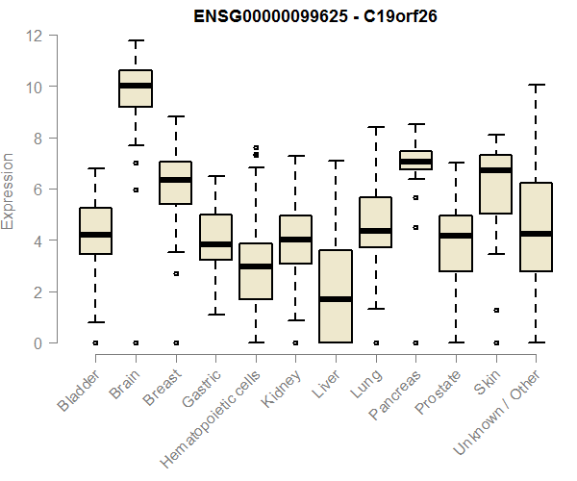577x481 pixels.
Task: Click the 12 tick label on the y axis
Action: (35, 36)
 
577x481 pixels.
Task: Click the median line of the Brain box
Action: (136, 86)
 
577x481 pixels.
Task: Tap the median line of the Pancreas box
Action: (415, 162)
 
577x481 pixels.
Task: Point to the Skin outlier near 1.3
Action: (496, 310)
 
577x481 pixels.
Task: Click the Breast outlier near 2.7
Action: (176, 274)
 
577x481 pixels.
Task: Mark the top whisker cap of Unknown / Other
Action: (536, 85)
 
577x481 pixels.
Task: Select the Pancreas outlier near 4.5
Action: (415, 228)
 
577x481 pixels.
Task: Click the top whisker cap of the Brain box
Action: (136, 40)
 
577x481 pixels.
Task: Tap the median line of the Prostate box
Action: (456, 236)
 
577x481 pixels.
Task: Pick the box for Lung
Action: (376, 222)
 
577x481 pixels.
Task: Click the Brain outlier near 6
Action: (136, 190)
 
